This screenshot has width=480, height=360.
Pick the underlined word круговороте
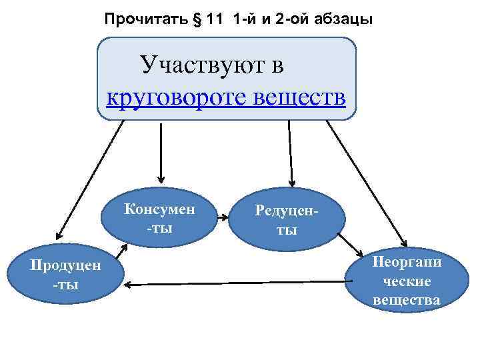(x=177, y=98)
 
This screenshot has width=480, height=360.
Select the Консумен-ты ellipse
(x=159, y=216)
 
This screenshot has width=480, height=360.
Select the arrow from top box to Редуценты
(x=290, y=153)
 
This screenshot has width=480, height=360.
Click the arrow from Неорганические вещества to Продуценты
(x=233, y=284)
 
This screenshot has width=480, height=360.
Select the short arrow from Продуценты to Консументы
(x=121, y=251)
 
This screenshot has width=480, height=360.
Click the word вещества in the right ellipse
(x=407, y=300)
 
